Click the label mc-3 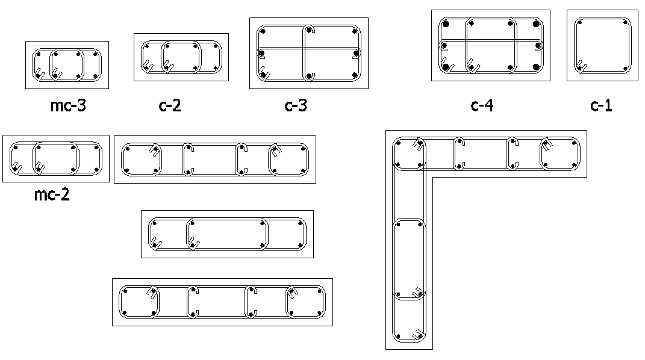click(68, 105)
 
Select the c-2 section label click(170, 105)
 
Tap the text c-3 click(296, 105)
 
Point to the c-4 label click(482, 105)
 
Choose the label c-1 click(601, 105)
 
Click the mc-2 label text click(52, 194)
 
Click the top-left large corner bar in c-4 click(446, 24)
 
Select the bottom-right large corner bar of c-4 click(536, 67)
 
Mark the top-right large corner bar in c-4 click(536, 24)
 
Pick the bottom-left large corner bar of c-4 click(446, 67)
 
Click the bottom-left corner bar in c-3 click(263, 75)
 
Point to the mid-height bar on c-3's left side click(261, 54)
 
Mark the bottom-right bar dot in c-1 click(625, 69)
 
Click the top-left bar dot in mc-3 click(39, 54)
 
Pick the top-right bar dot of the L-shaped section click(573, 144)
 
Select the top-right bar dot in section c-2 click(215, 46)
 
